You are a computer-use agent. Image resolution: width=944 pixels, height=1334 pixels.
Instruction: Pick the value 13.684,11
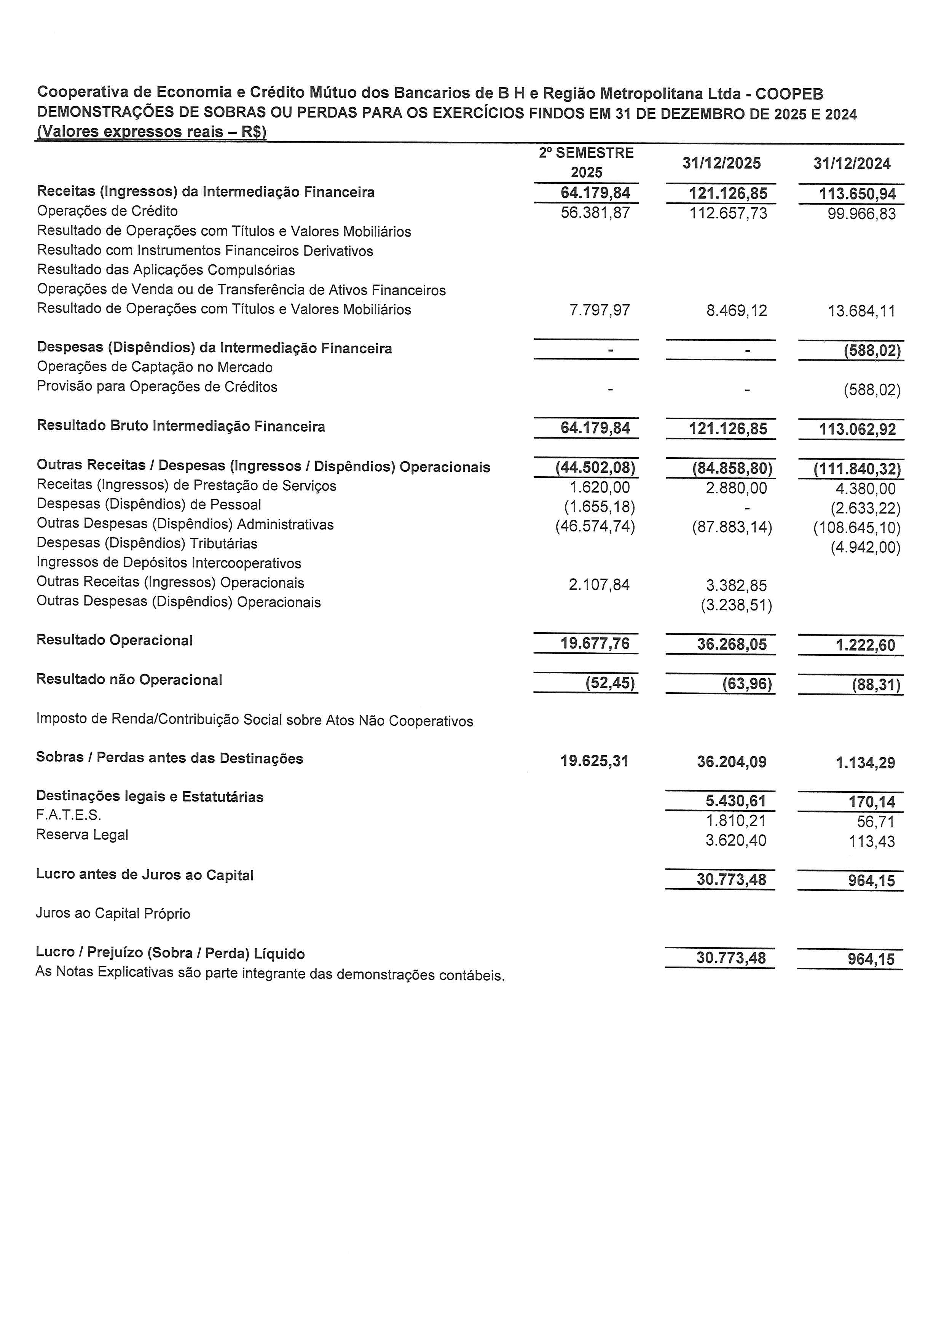click(861, 312)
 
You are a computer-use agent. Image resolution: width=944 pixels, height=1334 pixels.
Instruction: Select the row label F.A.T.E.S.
click(69, 815)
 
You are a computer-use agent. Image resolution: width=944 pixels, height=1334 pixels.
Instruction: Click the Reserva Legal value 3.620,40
click(735, 841)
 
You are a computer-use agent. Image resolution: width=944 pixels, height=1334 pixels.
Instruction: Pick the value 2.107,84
click(599, 585)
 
